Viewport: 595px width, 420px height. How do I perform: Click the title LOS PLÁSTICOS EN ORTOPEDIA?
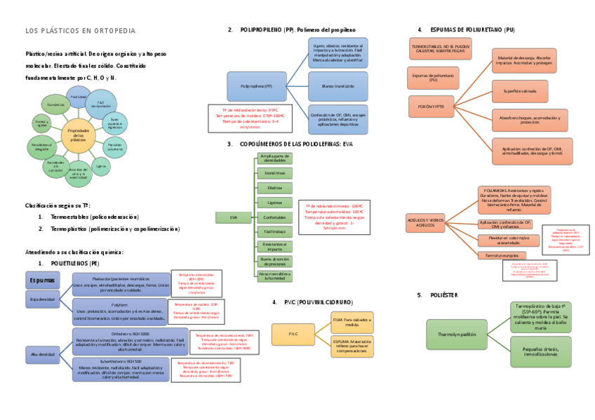pyautogui.click(x=81, y=31)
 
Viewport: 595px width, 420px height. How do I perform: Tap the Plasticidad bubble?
pyautogui.click(x=79, y=97)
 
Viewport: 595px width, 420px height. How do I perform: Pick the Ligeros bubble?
pyautogui.click(x=101, y=167)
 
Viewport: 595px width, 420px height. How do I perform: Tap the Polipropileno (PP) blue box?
pyautogui.click(x=256, y=86)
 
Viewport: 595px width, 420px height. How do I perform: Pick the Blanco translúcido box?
pyautogui.click(x=337, y=86)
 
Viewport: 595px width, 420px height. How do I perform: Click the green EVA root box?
pyautogui.click(x=234, y=217)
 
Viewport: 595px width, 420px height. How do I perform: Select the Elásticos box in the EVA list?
pyautogui.click(x=275, y=188)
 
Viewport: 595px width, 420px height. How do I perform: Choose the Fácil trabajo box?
pyautogui.click(x=275, y=231)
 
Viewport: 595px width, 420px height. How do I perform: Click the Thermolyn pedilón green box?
pyautogui.click(x=456, y=334)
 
